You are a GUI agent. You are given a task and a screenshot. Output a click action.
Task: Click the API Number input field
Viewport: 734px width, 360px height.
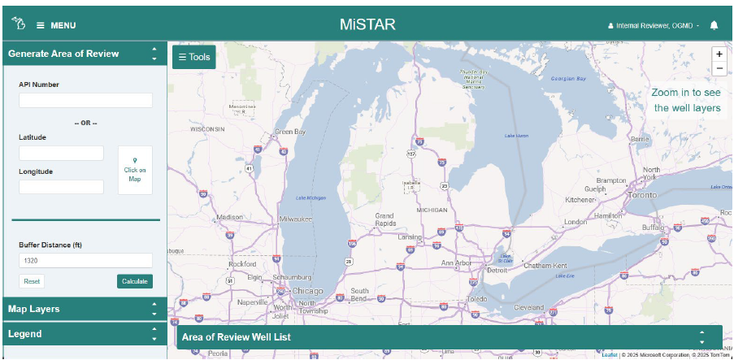coord(85,101)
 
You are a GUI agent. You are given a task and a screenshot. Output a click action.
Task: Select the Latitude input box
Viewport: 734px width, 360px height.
coord(61,153)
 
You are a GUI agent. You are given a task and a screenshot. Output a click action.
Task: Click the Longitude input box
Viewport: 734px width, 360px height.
coord(61,187)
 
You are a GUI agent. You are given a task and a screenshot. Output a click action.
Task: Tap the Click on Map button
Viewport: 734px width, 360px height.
coord(135,171)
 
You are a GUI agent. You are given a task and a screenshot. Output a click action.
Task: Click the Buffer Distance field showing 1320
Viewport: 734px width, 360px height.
coord(85,261)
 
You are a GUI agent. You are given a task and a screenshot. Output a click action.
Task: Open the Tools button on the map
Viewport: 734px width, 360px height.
coord(194,57)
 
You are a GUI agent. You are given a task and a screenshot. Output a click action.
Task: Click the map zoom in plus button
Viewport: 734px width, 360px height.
coord(719,54)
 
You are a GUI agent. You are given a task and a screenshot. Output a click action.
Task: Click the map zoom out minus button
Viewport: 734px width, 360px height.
coord(719,68)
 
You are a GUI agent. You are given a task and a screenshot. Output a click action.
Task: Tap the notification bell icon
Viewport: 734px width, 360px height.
coord(714,25)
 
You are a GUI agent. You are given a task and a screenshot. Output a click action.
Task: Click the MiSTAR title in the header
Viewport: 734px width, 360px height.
coord(367,24)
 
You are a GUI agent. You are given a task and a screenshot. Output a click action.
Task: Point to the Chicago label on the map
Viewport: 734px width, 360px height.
coord(307,291)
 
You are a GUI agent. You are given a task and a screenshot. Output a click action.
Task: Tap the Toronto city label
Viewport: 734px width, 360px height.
coord(641,196)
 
